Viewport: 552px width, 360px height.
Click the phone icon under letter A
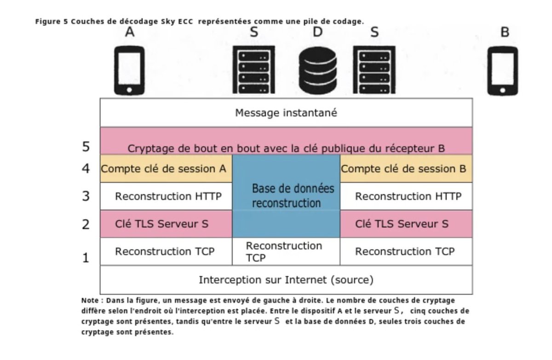129,70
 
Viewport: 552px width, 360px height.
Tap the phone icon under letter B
502,70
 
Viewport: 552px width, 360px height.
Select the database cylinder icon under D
317,70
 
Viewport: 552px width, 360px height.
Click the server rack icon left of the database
251,70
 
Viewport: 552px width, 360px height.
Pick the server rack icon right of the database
374,70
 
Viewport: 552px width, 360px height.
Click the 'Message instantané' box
286,113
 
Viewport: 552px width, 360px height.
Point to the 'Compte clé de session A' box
166,168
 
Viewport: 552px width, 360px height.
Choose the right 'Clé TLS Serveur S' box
402,224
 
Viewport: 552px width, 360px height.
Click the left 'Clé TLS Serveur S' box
161,224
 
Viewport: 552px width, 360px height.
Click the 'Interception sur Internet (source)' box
286,279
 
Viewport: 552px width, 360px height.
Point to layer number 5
86,146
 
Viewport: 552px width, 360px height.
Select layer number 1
86,257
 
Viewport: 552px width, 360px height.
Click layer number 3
86,196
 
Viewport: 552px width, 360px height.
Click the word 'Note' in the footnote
90,300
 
